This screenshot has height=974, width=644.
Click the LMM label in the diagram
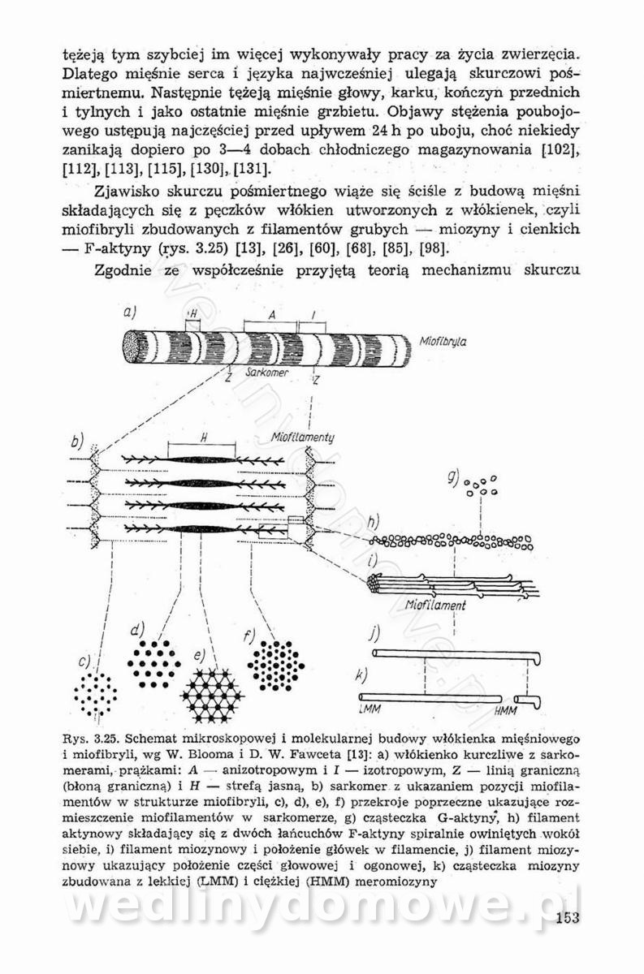[x=369, y=710]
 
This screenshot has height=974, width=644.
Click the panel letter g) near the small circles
[x=453, y=478]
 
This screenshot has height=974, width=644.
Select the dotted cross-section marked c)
[x=95, y=692]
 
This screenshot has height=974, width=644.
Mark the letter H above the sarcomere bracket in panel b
[x=202, y=436]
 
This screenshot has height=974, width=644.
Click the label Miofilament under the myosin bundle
[x=435, y=605]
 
